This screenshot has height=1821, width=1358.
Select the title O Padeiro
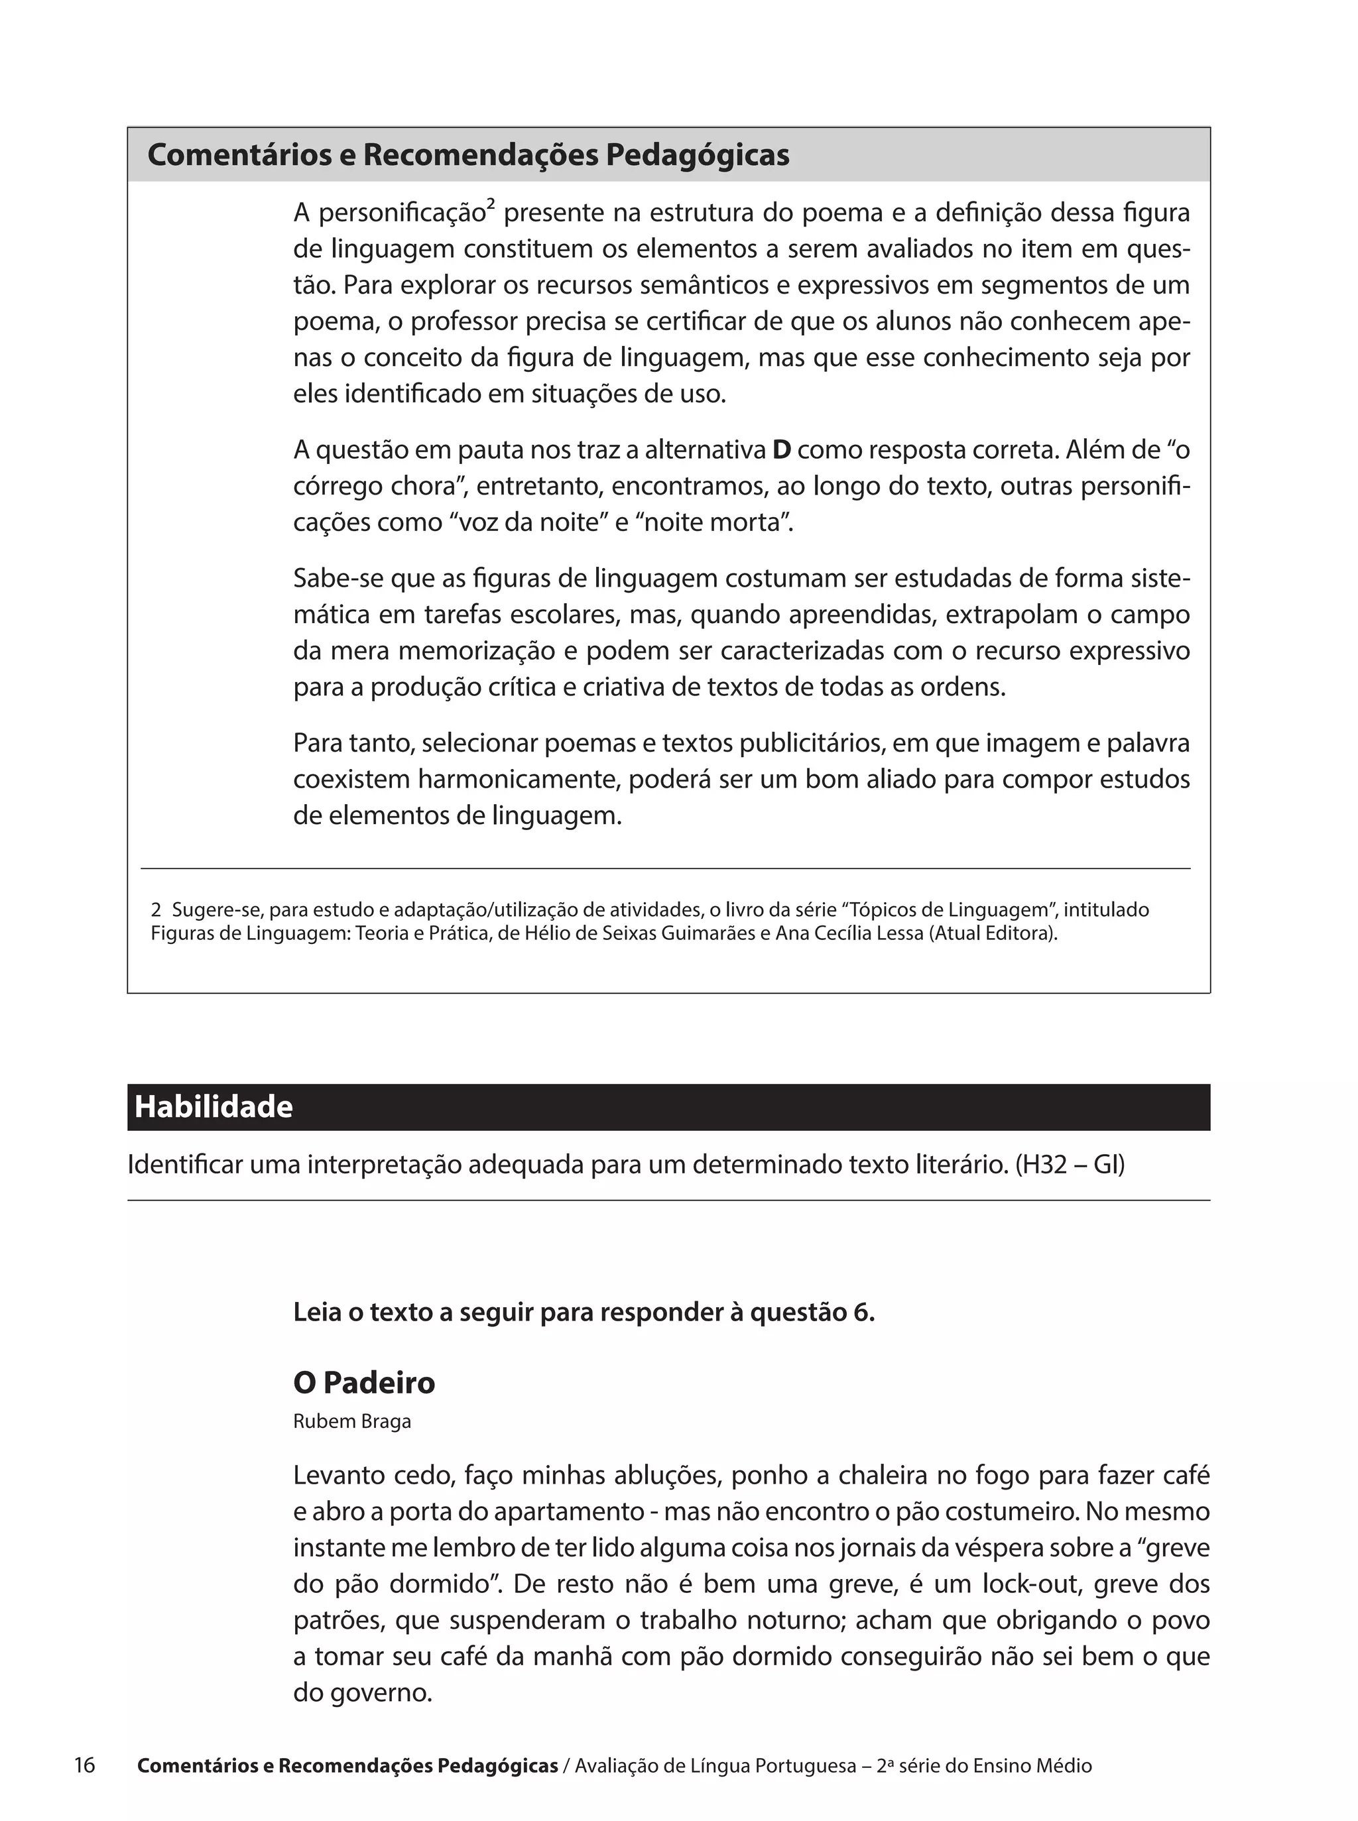click(363, 1382)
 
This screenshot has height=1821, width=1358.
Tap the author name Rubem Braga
click(352, 1422)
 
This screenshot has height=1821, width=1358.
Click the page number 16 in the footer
click(85, 1765)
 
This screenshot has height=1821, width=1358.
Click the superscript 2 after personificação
click(490, 205)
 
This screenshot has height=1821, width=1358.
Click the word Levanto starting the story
click(340, 1475)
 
